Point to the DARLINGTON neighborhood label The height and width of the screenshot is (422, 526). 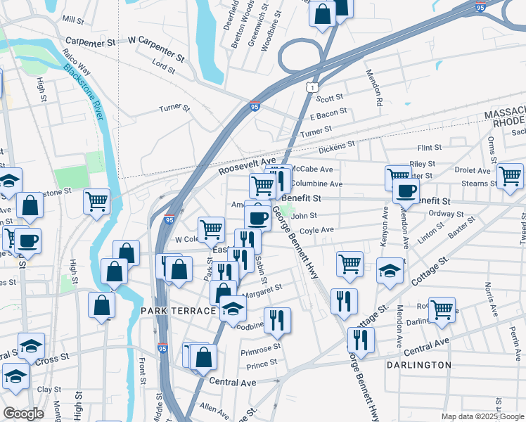[418, 365]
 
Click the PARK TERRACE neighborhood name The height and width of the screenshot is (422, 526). [176, 310]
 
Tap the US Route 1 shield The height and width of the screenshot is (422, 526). [309, 86]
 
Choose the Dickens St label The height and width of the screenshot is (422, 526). [336, 146]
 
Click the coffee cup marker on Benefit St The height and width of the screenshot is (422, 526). [405, 191]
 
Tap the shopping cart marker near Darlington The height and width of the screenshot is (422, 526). [442, 309]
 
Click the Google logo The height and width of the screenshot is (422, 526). [23, 413]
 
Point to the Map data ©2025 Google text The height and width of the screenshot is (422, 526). [482, 416]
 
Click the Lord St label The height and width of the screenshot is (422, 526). [163, 65]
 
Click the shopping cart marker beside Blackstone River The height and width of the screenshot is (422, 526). [96, 200]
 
